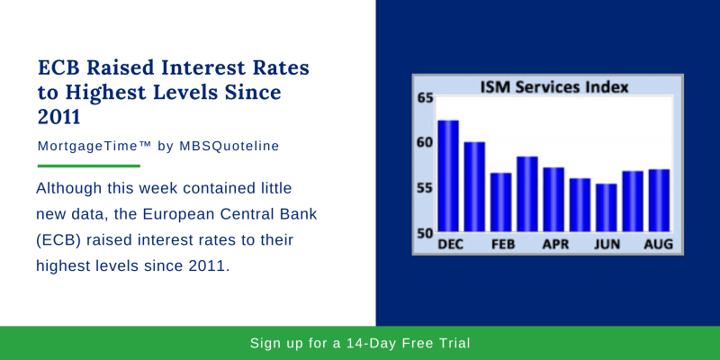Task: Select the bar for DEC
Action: point(447,175)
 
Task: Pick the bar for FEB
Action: point(500,202)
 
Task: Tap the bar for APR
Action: point(553,199)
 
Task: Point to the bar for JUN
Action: point(607,207)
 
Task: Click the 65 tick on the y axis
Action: point(424,97)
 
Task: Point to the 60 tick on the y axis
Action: point(424,142)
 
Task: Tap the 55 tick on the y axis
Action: point(424,187)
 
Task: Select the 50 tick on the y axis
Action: point(424,232)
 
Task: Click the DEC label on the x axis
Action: point(449,244)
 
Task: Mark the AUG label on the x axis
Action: point(660,244)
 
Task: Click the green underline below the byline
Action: point(88,166)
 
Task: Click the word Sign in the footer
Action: point(267,343)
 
